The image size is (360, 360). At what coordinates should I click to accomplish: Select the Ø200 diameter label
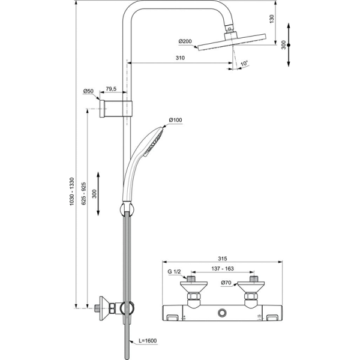tap(185, 41)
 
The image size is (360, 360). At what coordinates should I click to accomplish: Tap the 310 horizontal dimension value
tap(179, 58)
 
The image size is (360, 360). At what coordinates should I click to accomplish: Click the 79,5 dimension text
tap(111, 88)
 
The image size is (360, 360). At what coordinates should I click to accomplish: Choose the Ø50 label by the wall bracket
tap(88, 92)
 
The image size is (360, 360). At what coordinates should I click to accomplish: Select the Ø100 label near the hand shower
tap(175, 120)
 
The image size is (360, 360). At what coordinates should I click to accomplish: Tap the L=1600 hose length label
tap(147, 341)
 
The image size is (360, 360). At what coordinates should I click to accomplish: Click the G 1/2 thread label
tap(173, 272)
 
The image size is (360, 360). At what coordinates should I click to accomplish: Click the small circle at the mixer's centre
tap(223, 313)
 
